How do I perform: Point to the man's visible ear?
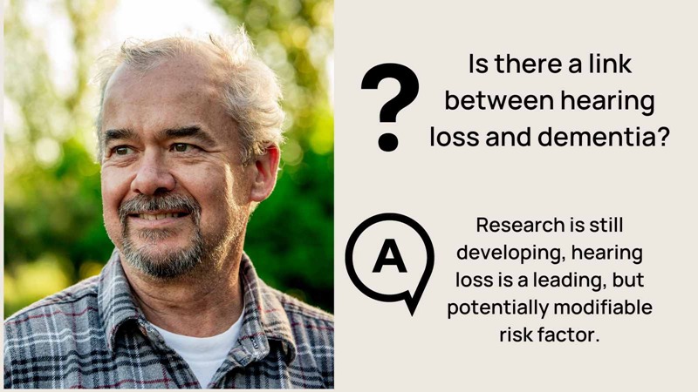pos(265,173)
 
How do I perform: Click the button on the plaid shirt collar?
pos(254,343)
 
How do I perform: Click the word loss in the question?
pos(455,137)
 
